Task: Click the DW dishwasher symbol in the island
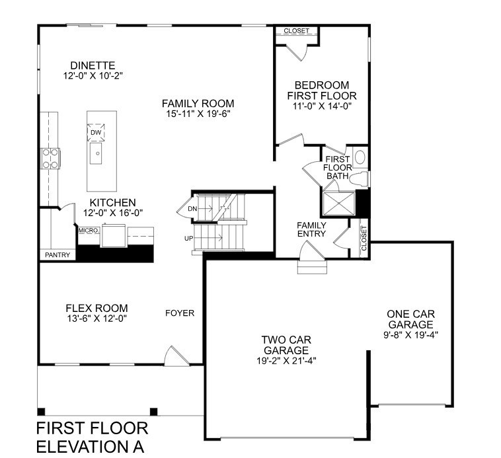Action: pos(96,132)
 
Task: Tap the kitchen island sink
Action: pos(96,153)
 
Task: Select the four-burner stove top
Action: pos(50,159)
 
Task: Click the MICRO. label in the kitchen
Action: pos(89,230)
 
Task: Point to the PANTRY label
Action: pos(58,255)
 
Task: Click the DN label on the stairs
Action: pos(193,209)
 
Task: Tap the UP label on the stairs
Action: pos(189,239)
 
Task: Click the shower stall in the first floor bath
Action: pos(338,203)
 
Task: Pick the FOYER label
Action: pos(180,313)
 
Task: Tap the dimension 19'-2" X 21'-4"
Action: pos(286,361)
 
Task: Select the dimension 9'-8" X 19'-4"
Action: pos(410,334)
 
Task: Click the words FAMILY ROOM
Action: pos(198,104)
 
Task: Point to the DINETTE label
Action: pos(93,65)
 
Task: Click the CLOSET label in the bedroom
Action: pos(297,30)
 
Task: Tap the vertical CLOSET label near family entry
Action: pos(364,239)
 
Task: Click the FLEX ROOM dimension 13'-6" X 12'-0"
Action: pos(97,319)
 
